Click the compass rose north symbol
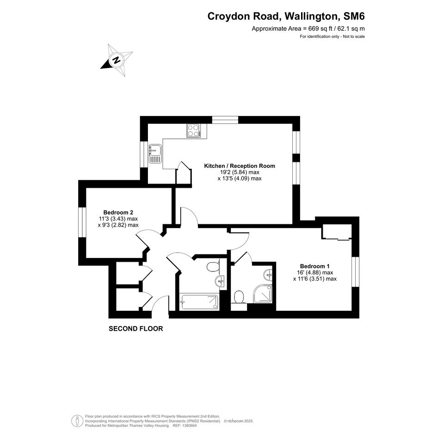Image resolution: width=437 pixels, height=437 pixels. pos(117,60)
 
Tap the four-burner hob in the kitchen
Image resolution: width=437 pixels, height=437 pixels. pos(194,130)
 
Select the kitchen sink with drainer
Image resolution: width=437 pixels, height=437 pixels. pos(155,154)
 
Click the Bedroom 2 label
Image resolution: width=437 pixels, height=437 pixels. pos(116,212)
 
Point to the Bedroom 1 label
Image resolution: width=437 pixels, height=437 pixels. pos(314,266)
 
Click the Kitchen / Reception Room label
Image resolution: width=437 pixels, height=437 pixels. pos(240,166)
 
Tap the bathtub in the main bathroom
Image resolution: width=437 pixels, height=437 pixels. pos(199,302)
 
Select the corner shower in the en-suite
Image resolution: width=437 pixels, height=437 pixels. pos(263,294)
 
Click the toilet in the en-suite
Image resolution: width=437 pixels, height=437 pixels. pos(239,297)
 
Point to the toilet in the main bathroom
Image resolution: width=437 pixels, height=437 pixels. pos(213,267)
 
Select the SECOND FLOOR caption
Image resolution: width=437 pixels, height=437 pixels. pos(136,329)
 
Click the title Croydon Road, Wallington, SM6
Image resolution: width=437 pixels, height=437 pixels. pos(286,17)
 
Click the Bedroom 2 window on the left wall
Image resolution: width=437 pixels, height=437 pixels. pos(82,222)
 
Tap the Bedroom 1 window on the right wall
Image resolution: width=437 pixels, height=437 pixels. pos(355,272)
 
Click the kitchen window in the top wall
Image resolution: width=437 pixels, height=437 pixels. pos(225,120)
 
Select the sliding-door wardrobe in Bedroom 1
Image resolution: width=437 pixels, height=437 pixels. pos(337,232)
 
